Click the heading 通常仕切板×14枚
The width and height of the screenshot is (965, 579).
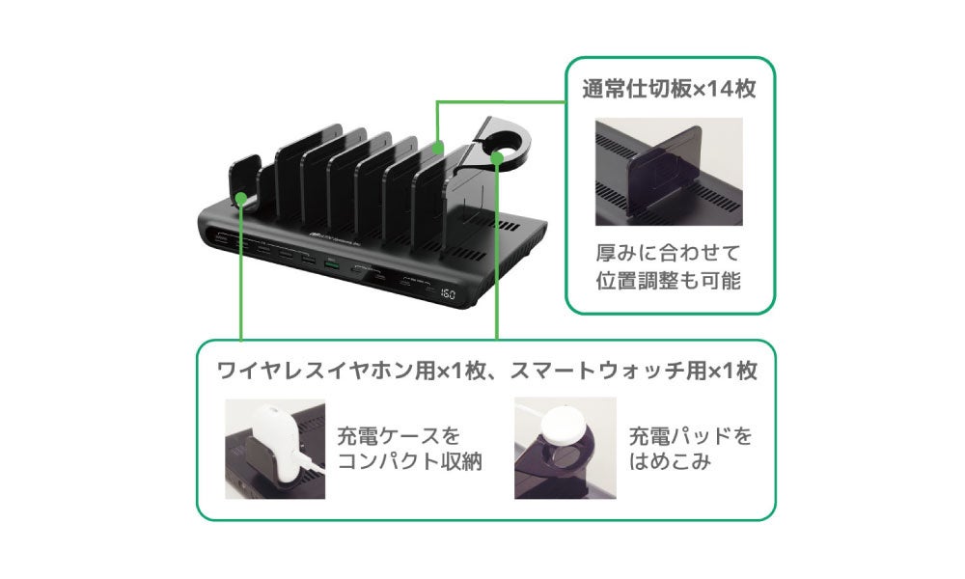pos(668,90)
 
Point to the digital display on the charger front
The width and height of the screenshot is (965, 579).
pos(448,292)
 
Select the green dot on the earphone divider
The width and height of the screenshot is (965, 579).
pos(239,199)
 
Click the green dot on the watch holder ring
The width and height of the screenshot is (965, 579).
pos(498,154)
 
